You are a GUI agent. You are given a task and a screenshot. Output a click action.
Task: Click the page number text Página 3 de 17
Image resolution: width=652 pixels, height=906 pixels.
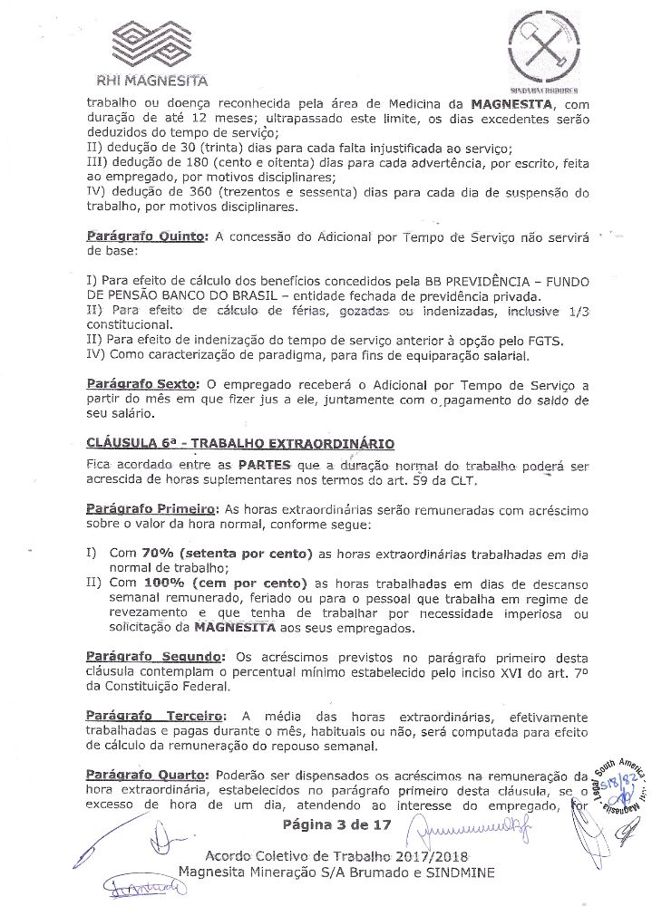pyautogui.click(x=336, y=824)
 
